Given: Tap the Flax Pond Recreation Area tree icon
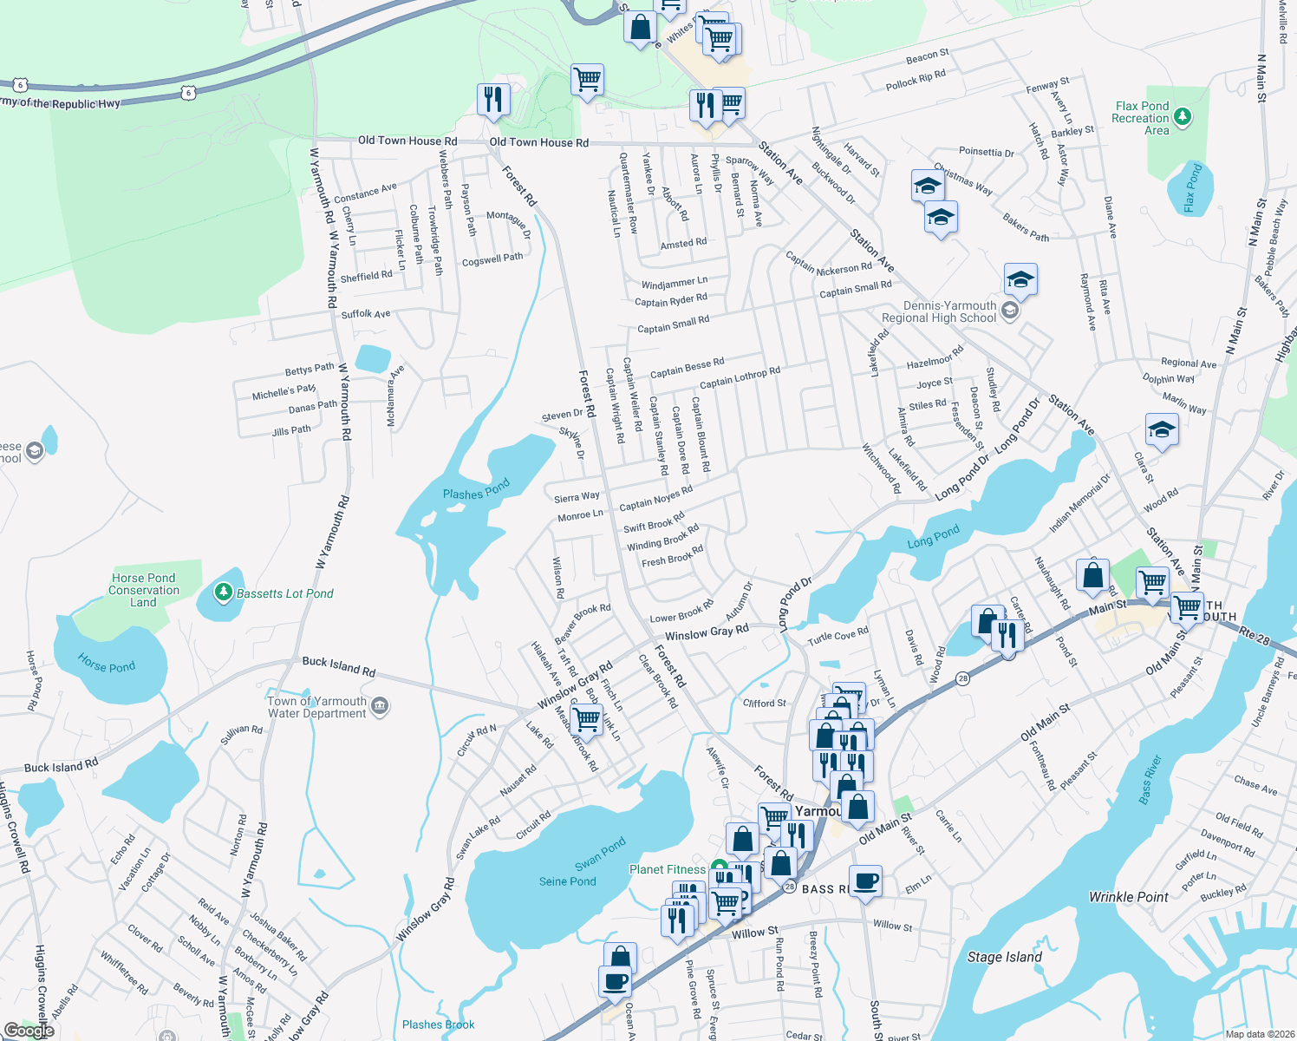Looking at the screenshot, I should (1183, 117).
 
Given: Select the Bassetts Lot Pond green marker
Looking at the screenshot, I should (223, 593).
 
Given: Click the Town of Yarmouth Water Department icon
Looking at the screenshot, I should (380, 707).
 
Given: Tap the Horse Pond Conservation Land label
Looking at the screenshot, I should (144, 590).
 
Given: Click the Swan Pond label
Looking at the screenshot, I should (600, 854).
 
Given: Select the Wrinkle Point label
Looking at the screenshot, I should (1129, 897).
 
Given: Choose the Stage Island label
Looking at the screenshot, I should (1004, 957).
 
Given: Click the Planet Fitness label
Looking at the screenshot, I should (668, 869).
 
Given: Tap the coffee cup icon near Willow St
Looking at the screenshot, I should (865, 881).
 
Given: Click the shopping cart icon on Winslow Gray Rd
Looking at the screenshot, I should (587, 718).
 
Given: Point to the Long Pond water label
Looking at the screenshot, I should (933, 537).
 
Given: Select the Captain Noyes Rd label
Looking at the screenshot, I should (655, 498).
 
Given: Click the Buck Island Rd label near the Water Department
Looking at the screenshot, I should (339, 666).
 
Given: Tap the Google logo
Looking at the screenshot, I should (29, 1031).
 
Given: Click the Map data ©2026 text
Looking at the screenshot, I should (1260, 1034).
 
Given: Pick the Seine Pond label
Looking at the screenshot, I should (567, 881).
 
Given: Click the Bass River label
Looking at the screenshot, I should (1152, 778).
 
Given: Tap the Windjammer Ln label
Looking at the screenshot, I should (674, 283).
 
